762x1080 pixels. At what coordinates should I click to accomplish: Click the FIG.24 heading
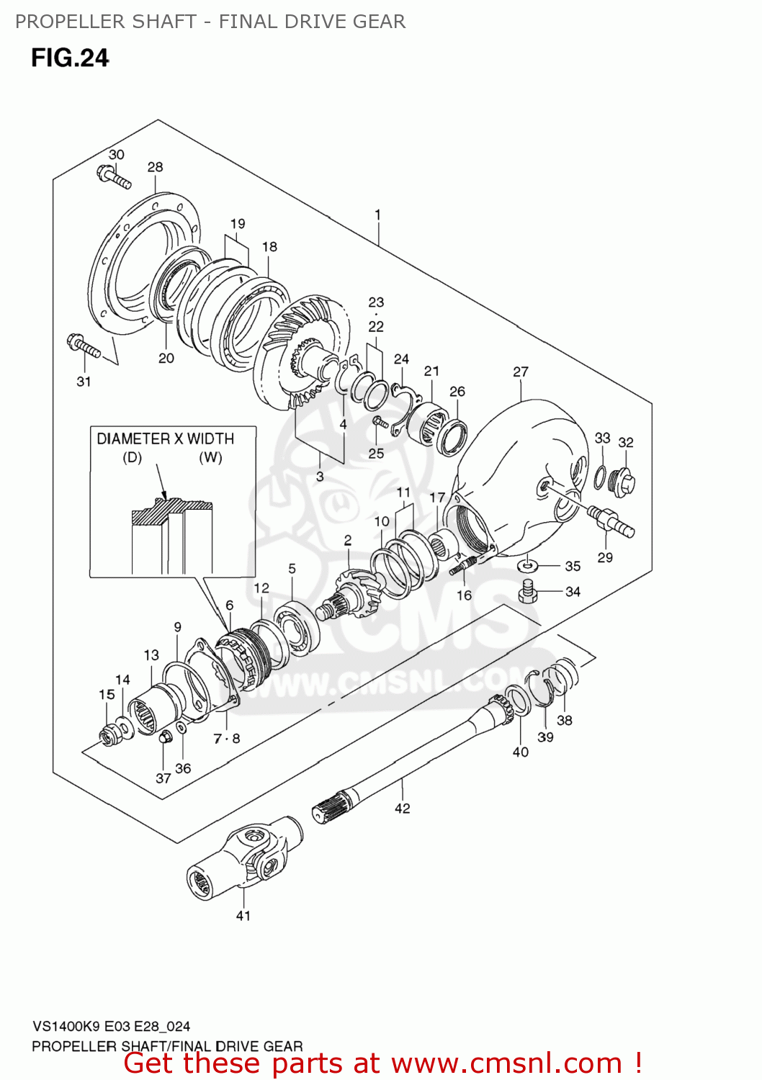pos(70,58)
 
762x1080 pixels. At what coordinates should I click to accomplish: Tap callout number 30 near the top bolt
pos(116,154)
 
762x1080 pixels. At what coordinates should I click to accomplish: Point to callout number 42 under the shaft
pos(402,809)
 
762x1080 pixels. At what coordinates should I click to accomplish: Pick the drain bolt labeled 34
pos(528,592)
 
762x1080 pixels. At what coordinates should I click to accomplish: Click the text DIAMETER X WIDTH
pos(165,438)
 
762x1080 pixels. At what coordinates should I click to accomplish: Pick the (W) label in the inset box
pos(210,458)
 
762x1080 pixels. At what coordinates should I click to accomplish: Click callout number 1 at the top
pos(377,215)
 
